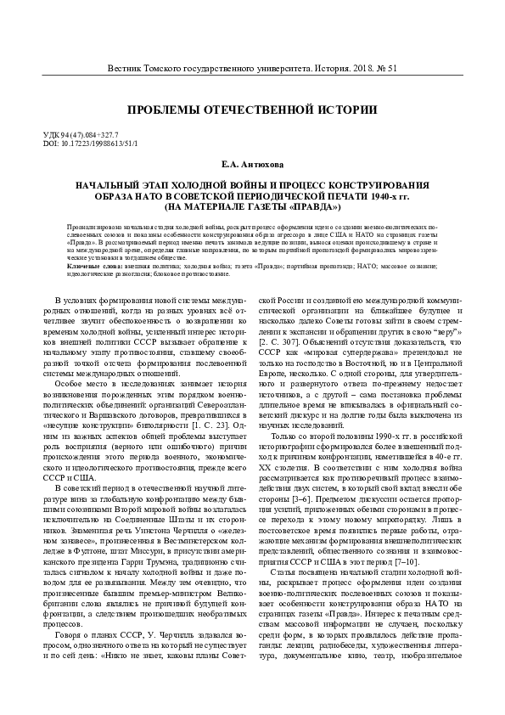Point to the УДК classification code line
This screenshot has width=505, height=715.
click(81, 135)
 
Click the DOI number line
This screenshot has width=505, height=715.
click(89, 144)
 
